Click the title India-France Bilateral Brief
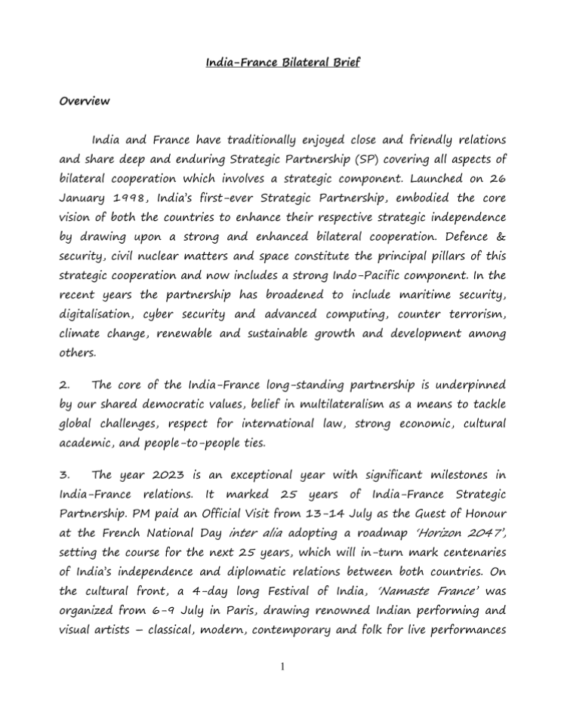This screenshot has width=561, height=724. click(282, 61)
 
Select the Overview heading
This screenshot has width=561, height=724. click(85, 100)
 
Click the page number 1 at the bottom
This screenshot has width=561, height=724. click(281, 667)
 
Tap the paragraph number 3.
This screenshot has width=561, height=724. click(63, 474)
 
